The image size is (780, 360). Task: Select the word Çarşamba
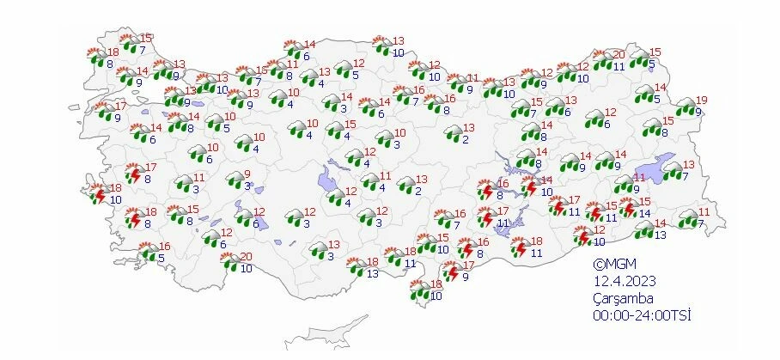click(624, 298)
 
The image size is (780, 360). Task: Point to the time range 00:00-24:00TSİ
click(641, 314)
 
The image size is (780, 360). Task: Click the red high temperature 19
click(701, 100)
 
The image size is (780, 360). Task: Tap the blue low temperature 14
click(644, 214)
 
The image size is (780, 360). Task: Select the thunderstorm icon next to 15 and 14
click(629, 209)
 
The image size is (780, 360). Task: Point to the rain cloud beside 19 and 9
click(685, 107)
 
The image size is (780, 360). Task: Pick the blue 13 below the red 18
click(372, 273)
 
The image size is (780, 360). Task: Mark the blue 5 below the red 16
click(161, 257)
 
